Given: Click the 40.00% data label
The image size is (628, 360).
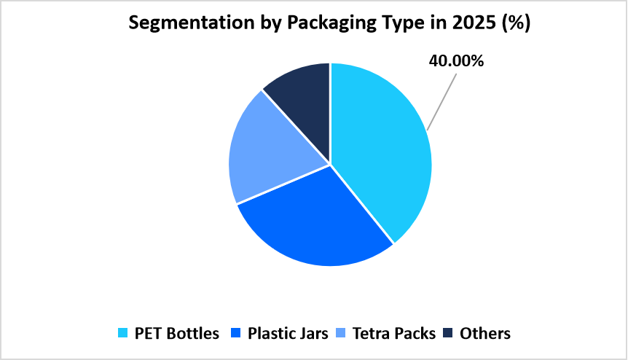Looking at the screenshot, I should click(456, 61).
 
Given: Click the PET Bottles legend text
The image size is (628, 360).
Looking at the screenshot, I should click(177, 334).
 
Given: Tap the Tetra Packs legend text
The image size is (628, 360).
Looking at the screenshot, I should click(394, 334).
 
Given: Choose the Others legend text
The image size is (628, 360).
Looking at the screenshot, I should click(485, 334).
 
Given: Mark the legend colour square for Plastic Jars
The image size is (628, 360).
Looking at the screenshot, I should click(236, 334).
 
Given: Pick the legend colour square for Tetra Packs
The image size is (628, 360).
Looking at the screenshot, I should click(341, 334).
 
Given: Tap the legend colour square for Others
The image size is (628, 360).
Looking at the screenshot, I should click(448, 334).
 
